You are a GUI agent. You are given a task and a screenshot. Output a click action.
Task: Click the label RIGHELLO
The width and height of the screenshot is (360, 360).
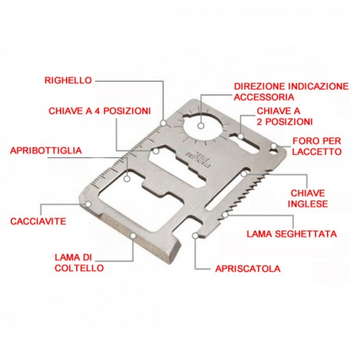click(x=68, y=80)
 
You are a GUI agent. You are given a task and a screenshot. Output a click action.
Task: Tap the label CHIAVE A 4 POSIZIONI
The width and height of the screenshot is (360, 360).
click(x=100, y=111)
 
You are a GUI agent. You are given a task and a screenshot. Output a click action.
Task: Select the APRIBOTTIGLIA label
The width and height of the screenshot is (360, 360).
click(x=46, y=151)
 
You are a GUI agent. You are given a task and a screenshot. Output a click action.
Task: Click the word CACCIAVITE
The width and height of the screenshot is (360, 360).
click(x=39, y=221)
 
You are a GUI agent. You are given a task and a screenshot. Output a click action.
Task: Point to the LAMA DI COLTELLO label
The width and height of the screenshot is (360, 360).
click(x=79, y=263)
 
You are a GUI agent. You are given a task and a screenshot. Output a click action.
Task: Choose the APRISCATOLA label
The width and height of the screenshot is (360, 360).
click(x=248, y=269)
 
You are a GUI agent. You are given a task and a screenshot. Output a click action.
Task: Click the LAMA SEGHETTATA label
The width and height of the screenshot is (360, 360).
click(x=292, y=233)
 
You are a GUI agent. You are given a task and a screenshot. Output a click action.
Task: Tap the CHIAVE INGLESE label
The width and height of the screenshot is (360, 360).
click(x=308, y=199)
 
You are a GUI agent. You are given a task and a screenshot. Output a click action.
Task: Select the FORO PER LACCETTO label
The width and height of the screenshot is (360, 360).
click(x=317, y=146)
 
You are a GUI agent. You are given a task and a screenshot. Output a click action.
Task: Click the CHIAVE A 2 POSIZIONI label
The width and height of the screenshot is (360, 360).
click(x=285, y=116)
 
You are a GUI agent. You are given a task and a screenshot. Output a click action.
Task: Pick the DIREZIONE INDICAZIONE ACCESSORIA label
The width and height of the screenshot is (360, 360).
click(x=291, y=92)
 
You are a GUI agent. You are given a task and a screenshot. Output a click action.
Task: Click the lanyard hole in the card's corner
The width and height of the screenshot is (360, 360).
click(x=274, y=152)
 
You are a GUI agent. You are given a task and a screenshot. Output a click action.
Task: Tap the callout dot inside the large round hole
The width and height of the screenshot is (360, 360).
click(x=201, y=126)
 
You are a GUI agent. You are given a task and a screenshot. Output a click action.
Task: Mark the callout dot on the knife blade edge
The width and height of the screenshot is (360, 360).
click(x=134, y=236)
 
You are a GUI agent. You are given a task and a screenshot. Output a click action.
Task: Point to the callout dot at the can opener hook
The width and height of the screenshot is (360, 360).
click(x=195, y=236)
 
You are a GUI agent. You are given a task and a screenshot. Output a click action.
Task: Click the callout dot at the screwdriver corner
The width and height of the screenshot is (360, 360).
click(x=89, y=204)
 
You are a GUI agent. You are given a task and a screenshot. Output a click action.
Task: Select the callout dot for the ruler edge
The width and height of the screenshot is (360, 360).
click(x=163, y=123)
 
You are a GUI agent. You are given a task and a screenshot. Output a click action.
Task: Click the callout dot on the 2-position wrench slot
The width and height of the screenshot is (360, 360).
click(x=241, y=136)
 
